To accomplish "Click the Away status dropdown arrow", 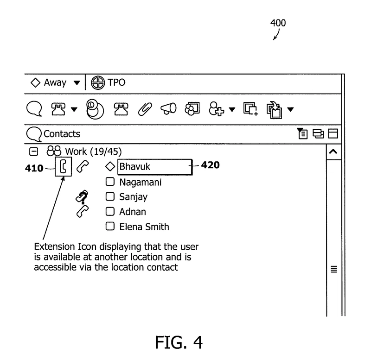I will coord(77,83).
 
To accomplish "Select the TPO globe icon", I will coord(98,83).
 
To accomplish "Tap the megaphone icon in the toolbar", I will coord(169,109).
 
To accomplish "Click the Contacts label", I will coord(62,134).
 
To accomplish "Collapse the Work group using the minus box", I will coord(33,151).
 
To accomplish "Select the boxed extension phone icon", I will coord(63,167).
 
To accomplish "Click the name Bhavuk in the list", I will coord(135,166).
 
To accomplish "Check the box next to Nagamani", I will coord(110,182).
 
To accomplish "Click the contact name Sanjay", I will coord(133,197).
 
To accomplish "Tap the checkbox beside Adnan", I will coord(110,212).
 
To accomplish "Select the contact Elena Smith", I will coord(144,227).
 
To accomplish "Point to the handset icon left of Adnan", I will coord(82,212).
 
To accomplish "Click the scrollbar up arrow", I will coord(333,152).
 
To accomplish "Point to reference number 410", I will coord(33,168).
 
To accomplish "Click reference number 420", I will coord(210,164).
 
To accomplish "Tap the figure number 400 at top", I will coord(278,23).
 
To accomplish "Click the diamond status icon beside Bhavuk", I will coord(110,166).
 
